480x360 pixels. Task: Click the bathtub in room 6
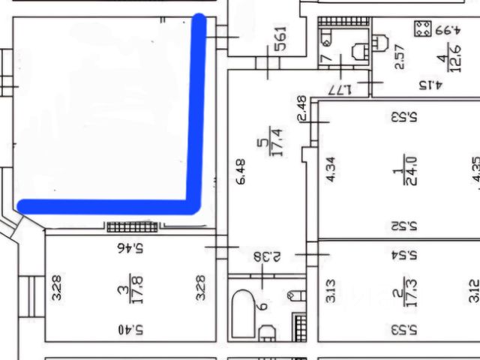[243, 311]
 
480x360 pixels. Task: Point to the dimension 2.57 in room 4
[400, 57]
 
